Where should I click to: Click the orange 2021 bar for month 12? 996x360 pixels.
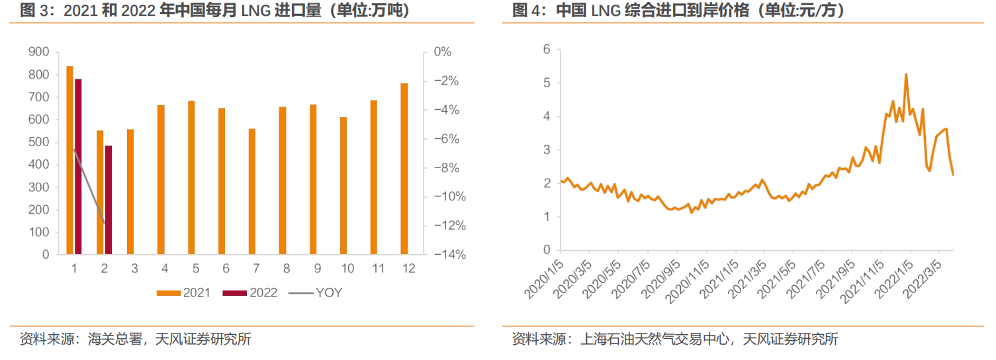(x=404, y=169)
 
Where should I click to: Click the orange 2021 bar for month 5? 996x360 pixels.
(x=191, y=177)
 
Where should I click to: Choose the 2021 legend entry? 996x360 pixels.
(x=183, y=292)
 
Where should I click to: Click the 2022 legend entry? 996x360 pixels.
(x=249, y=292)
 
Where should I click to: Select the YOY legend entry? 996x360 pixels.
(x=315, y=292)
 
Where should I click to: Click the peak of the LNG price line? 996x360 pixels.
(x=906, y=74)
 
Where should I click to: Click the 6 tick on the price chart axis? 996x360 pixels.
(x=547, y=50)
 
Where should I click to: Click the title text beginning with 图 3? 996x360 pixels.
(x=214, y=11)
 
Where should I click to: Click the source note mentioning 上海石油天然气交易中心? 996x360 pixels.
(x=675, y=340)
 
